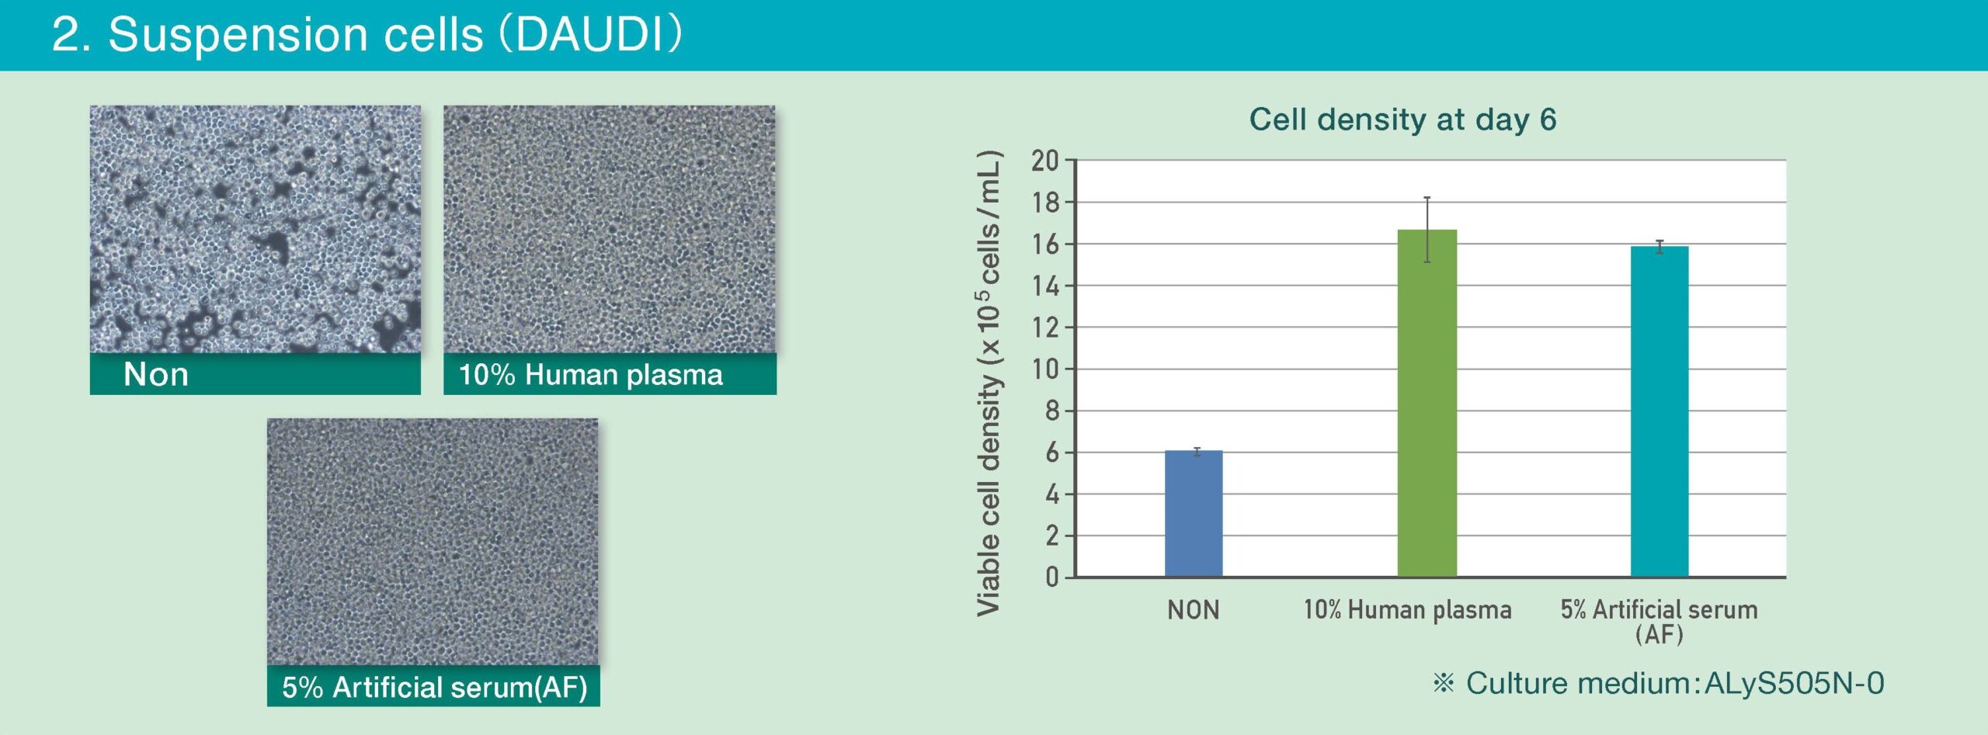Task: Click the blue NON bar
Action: point(1194,513)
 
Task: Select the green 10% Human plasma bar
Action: point(1427,403)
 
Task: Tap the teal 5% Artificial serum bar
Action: point(1660,411)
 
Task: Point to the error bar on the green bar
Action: point(1427,230)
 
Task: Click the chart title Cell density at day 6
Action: point(1402,120)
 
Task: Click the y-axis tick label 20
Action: point(1044,161)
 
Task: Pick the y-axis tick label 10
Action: point(1044,369)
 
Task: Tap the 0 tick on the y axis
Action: point(1052,577)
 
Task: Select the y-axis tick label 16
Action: point(1044,244)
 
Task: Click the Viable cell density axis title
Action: point(989,383)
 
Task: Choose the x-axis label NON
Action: point(1194,610)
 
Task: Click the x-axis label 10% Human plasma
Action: point(1407,610)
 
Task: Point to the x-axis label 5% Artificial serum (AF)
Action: point(1660,621)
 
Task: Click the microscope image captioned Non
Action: point(255,230)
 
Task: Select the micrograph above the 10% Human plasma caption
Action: point(610,230)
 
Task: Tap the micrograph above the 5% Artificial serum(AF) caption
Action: point(433,542)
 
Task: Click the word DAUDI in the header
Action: point(589,35)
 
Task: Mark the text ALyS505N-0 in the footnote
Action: point(1794,683)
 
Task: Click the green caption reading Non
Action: point(156,374)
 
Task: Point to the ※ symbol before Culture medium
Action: point(1443,683)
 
